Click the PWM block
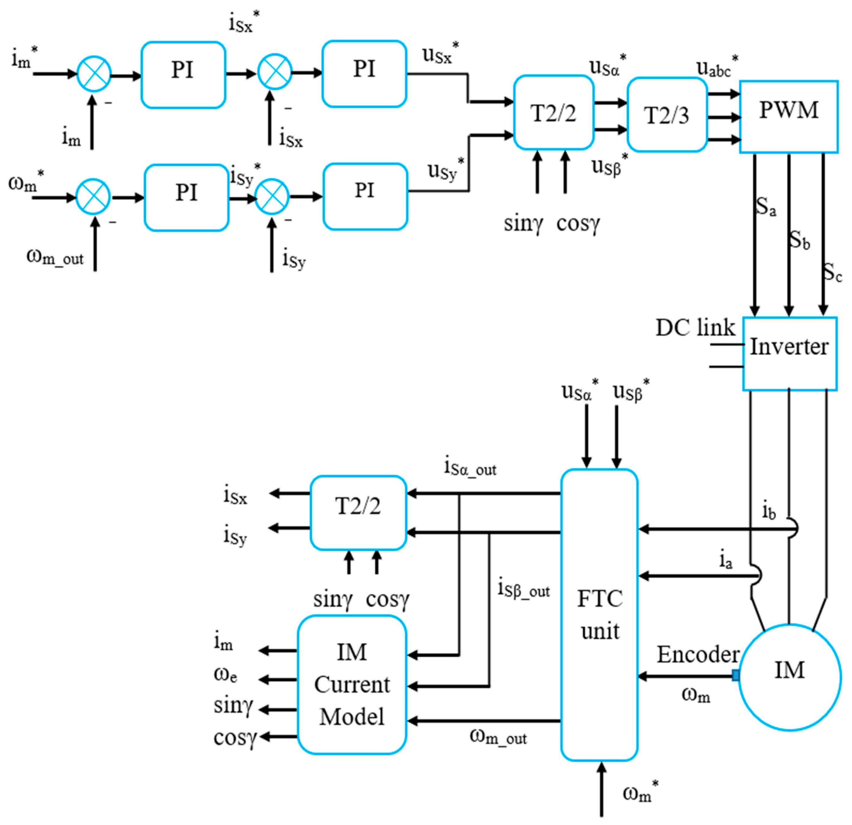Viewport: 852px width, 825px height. tap(789, 116)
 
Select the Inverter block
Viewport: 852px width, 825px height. tap(790, 353)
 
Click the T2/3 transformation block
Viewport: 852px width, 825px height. tap(667, 115)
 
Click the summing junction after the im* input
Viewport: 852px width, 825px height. tap(94, 74)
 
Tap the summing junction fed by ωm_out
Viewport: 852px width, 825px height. tap(93, 197)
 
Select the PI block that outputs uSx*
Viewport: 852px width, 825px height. tap(364, 73)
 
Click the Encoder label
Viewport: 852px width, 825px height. tap(698, 654)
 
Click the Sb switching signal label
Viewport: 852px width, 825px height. tap(799, 240)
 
